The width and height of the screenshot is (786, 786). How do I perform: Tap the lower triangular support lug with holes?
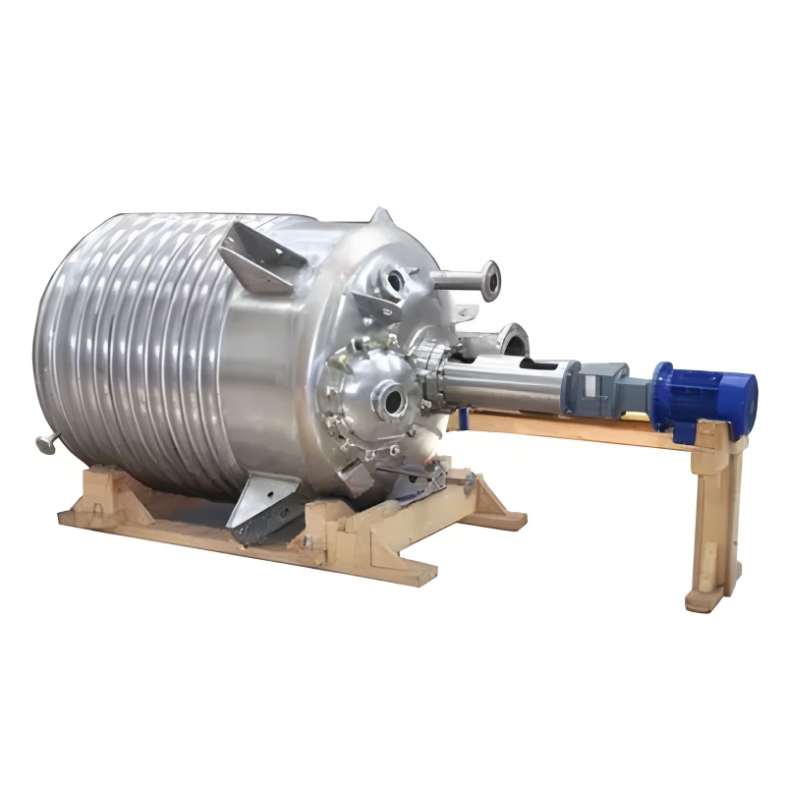click(265, 507)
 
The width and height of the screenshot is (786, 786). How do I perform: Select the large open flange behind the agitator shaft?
click(513, 339)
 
